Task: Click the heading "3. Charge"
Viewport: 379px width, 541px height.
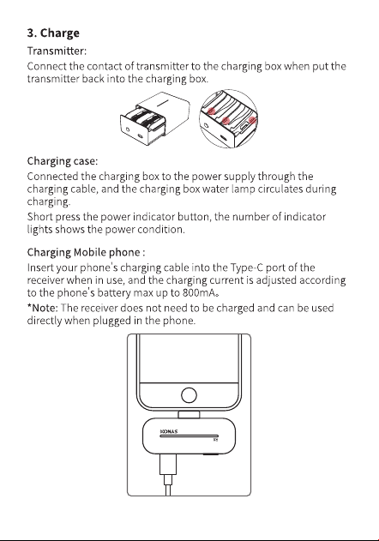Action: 53,33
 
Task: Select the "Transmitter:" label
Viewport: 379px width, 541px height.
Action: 57,51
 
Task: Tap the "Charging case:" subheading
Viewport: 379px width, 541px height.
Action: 63,161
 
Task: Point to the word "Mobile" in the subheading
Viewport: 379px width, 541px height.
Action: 90,252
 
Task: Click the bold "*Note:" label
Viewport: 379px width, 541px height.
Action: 43,308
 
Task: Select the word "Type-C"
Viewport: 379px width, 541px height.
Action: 246,267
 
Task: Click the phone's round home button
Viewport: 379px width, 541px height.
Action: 189,395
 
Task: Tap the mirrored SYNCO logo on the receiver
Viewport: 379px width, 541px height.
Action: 169,431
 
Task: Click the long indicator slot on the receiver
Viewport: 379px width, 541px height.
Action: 189,436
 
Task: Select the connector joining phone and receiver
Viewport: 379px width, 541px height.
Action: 189,414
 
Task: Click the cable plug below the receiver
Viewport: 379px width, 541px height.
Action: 168,465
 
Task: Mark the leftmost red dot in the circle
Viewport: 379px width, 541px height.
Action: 212,111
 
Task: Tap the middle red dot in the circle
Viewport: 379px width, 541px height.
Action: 226,120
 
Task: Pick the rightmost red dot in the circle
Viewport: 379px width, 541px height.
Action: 252,120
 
